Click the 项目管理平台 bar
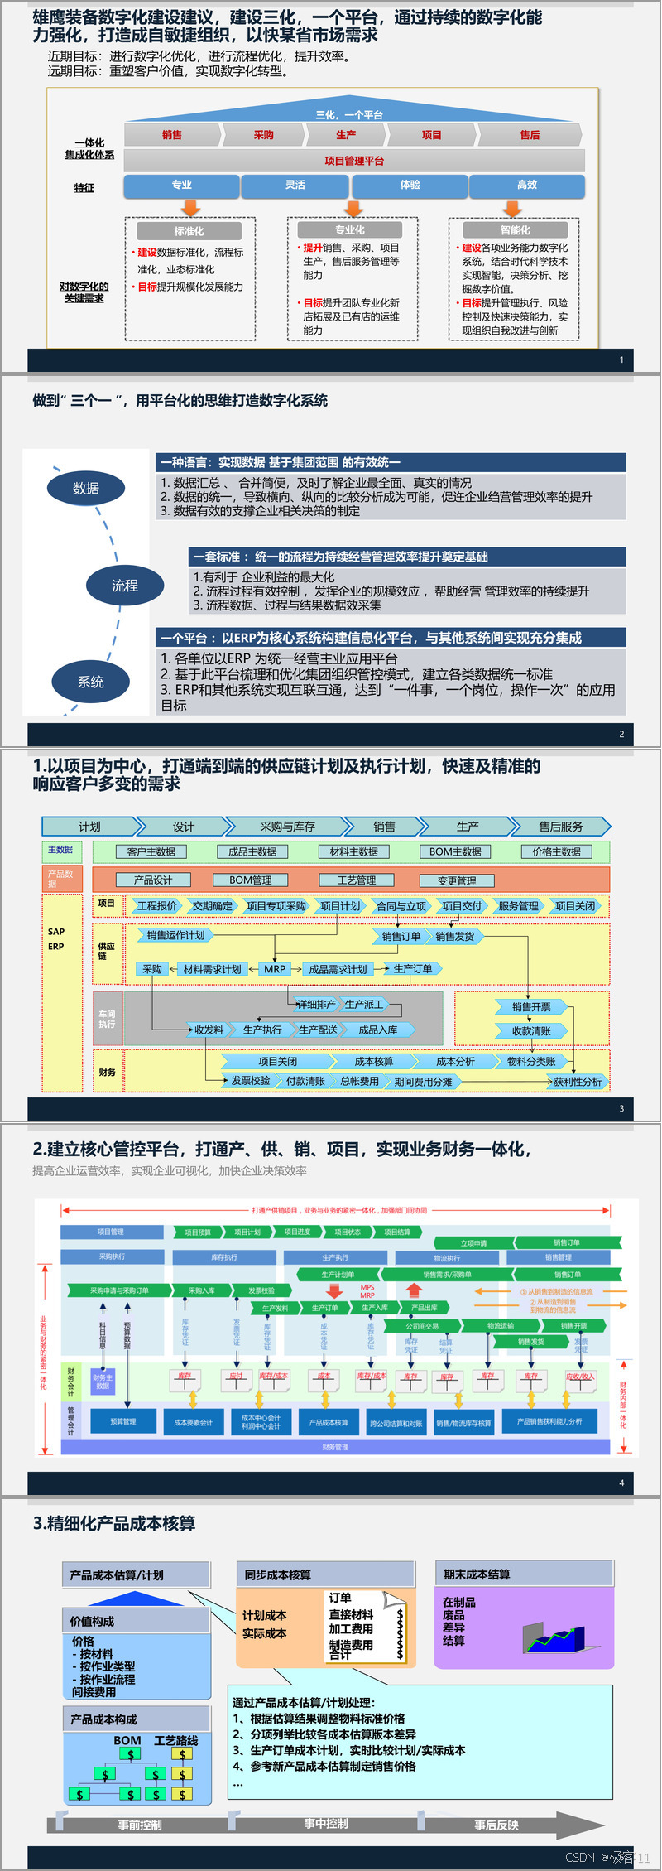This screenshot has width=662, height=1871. point(354,161)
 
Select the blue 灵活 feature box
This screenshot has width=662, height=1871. point(295,186)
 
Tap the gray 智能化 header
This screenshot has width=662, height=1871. point(515,230)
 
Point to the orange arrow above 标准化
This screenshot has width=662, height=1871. point(190,207)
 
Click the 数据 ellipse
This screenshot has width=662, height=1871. point(86,489)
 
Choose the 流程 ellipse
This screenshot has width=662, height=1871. point(125,586)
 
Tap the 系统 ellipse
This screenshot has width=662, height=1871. point(91,682)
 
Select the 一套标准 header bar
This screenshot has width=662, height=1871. point(407,557)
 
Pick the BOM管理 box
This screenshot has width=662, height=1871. point(251,880)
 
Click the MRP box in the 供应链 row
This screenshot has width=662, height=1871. point(275,969)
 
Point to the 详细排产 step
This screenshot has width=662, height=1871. point(316,1005)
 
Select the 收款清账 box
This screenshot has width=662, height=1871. point(531,1031)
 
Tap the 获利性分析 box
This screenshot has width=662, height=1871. point(578,1082)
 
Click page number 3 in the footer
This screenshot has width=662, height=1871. point(621,1108)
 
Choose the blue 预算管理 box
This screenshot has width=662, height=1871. point(123,1421)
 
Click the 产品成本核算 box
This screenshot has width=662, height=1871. point(329,1422)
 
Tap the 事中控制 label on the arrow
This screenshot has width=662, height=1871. point(326,1824)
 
